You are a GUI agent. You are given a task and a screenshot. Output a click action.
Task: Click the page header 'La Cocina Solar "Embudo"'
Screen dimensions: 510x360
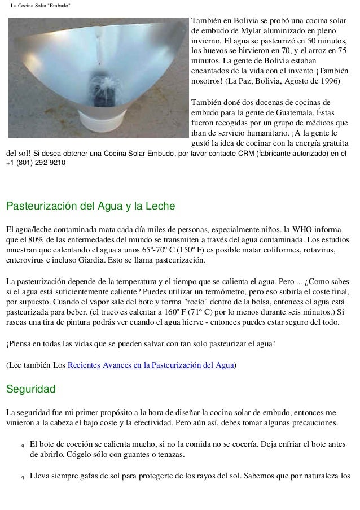pos(40,6)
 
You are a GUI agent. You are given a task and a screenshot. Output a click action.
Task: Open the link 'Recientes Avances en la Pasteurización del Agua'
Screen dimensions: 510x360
pos(151,365)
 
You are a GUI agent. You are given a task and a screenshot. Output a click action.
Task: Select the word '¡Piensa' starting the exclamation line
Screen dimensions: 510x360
pos(20,344)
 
